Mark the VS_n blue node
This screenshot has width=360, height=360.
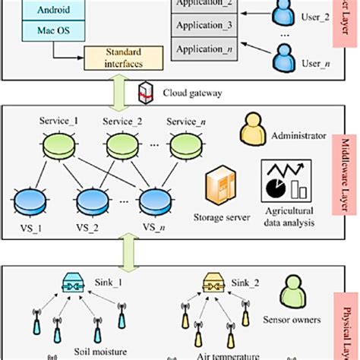[156, 201]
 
